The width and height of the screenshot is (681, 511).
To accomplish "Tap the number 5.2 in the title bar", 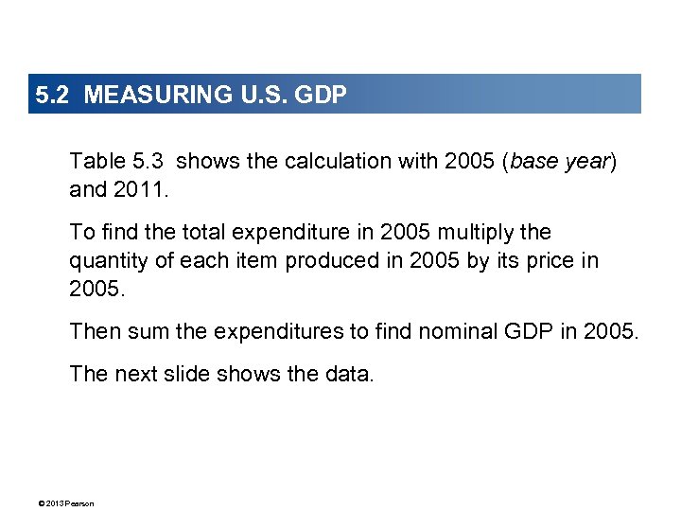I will pos(53,95).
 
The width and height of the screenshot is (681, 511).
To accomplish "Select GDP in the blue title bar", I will pos(321,95).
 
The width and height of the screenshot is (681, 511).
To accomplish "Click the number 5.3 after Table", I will pos(148,161).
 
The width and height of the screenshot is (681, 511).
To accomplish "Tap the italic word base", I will pos(534,161).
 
